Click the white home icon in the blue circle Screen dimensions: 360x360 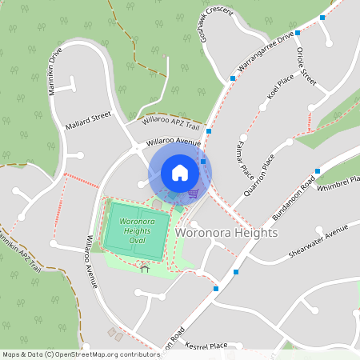[x=180, y=173]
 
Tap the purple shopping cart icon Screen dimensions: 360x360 [x=193, y=193]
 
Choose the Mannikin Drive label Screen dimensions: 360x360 [x=55, y=71]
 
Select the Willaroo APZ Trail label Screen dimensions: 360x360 [x=170, y=122]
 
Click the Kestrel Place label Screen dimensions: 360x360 [x=206, y=346]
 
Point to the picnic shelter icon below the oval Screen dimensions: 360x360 [x=145, y=270]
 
